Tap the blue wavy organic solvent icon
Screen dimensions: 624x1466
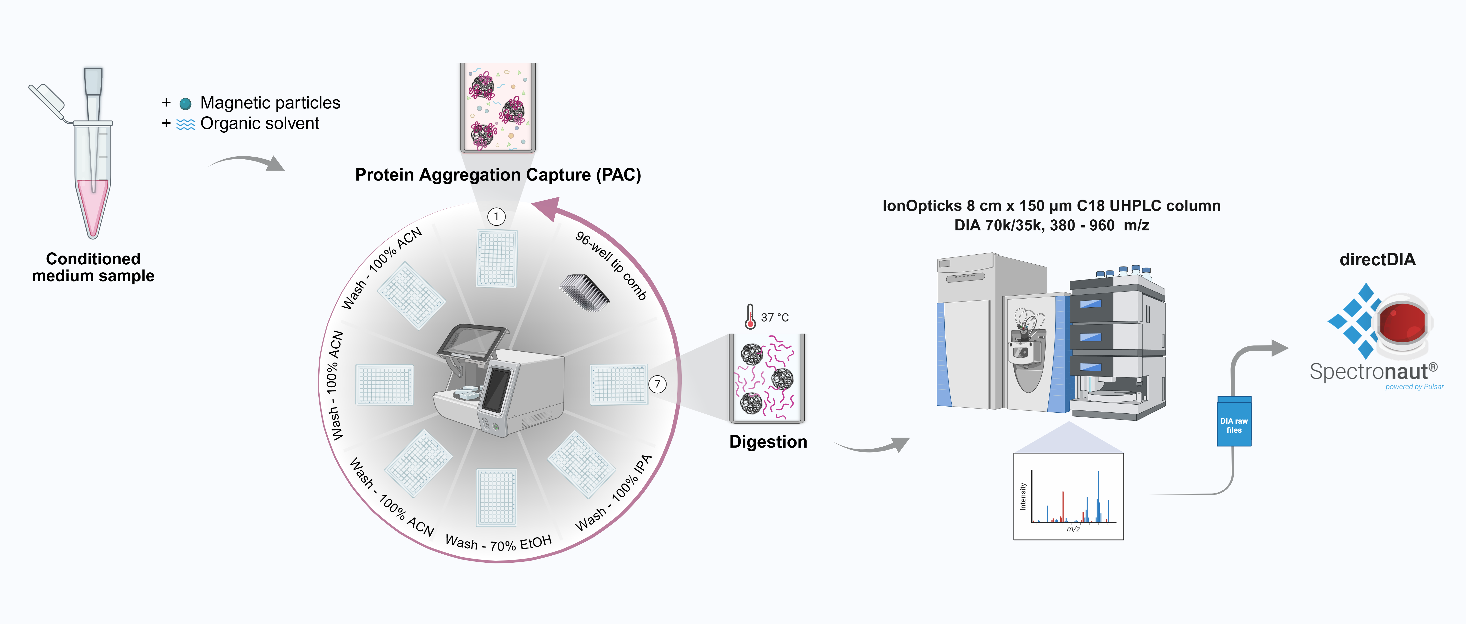point(185,124)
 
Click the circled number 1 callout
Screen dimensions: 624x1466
point(496,216)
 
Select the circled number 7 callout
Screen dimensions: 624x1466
point(657,384)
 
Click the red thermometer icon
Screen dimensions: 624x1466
point(750,316)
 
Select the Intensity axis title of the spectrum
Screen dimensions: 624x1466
point(1023,496)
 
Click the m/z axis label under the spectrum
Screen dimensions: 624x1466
point(1073,529)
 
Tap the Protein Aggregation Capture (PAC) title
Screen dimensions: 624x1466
point(498,175)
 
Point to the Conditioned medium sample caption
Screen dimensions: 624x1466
point(93,267)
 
